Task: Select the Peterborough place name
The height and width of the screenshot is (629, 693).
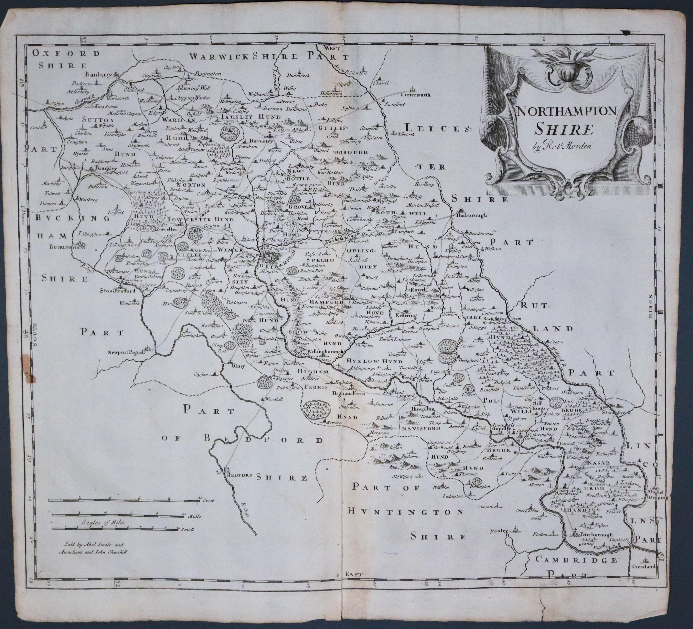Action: (x=596, y=535)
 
